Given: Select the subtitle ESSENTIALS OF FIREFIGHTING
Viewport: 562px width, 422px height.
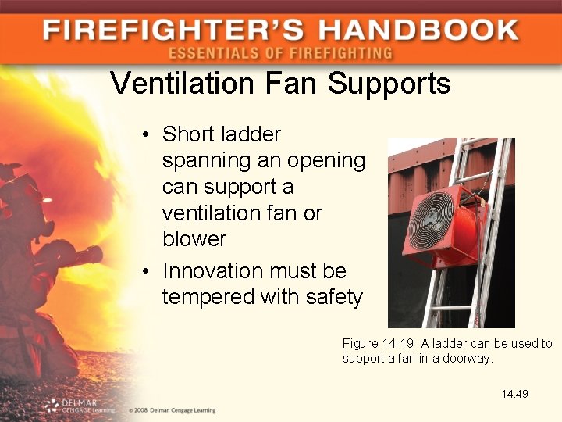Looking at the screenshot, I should [280, 54].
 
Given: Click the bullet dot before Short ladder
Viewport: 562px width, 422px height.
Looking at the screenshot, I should [147, 135].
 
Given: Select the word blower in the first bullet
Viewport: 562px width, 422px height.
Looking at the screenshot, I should [194, 238].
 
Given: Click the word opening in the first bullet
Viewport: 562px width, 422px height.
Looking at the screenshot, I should [326, 161].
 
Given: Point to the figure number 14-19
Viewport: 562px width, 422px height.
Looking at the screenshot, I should [396, 344].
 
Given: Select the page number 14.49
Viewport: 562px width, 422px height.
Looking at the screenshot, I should [515, 394].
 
